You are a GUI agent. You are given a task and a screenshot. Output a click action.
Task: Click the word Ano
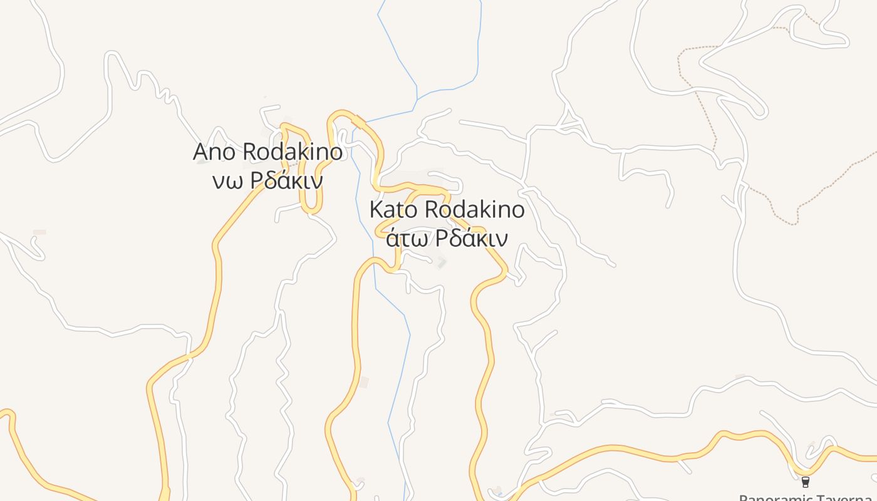(x=215, y=152)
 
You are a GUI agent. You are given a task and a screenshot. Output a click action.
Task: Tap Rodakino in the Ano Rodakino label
(x=292, y=152)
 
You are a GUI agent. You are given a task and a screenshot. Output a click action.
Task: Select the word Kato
(x=393, y=210)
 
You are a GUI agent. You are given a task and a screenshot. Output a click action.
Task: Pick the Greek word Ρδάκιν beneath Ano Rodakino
(x=286, y=181)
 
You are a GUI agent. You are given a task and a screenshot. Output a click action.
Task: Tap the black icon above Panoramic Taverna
(x=806, y=482)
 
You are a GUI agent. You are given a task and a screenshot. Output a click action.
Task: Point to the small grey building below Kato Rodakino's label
(x=441, y=262)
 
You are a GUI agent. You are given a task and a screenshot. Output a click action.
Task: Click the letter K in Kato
(x=375, y=210)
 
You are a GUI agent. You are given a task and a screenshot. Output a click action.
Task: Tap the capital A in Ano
(x=200, y=152)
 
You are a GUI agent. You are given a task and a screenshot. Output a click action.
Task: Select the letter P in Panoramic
(x=744, y=498)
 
